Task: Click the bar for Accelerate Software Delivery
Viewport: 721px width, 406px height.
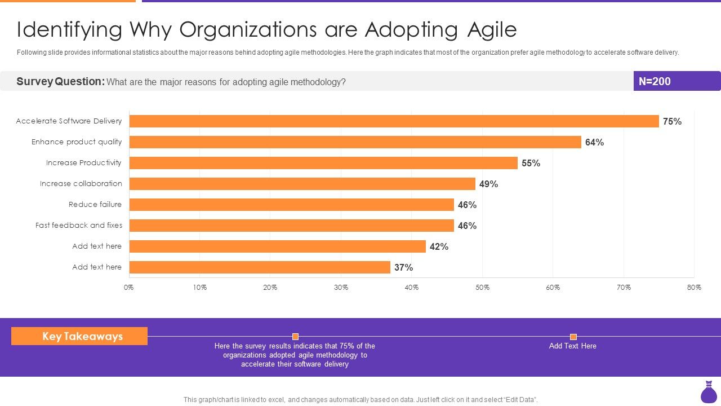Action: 394,121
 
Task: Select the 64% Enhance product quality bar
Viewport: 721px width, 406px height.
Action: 355,142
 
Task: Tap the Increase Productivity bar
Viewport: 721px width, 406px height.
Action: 323,163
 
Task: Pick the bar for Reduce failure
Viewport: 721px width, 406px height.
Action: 291,205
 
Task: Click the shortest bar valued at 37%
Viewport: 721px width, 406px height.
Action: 260,267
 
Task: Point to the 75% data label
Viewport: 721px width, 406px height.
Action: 672,121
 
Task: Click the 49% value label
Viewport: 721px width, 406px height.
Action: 488,184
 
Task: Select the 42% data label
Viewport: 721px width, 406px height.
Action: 439,246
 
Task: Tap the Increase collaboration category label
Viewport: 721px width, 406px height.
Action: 81,183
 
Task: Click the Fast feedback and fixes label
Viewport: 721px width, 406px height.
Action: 78,225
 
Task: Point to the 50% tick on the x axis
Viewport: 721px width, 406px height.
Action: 482,288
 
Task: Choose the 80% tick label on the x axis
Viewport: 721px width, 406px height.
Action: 694,288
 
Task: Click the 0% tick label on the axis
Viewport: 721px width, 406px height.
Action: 129,288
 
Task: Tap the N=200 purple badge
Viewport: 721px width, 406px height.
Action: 677,81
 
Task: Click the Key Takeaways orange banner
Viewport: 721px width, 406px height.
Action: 79,336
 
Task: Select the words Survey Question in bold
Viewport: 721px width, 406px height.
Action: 60,81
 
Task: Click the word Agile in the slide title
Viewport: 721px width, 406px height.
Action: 492,29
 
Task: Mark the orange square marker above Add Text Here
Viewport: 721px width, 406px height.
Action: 573,337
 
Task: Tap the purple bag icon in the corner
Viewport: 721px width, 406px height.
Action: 709,392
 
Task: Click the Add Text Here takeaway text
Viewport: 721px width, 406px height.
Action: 572,346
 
